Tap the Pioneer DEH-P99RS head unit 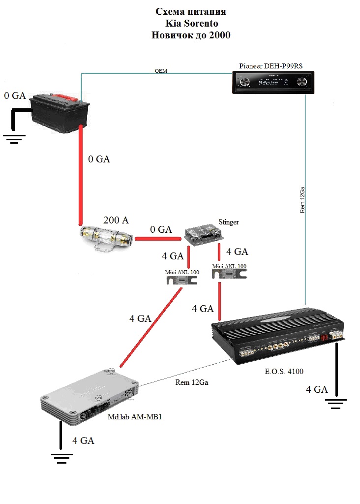tap(273, 81)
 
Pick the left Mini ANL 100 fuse tap(181, 281)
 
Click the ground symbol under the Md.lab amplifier tap(61, 458)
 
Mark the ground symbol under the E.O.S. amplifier tap(336, 405)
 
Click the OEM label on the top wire tap(161, 71)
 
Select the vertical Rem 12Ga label tap(302, 199)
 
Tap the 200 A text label tap(116, 220)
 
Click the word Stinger tap(228, 222)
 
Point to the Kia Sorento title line tap(192, 23)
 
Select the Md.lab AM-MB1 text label tap(135, 417)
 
